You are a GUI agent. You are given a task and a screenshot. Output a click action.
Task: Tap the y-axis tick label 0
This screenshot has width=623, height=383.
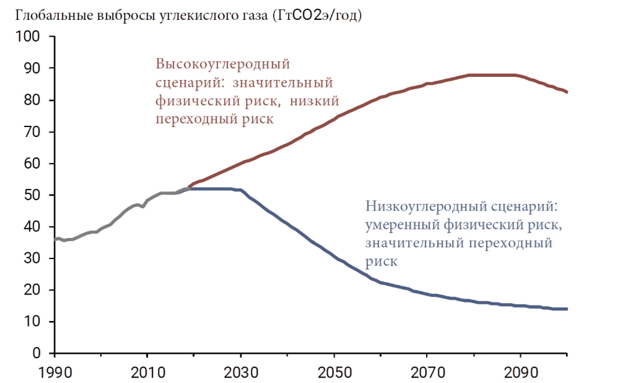[x=37, y=353]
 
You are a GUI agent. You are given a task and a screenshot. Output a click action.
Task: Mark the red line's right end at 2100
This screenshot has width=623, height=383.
[x=567, y=92]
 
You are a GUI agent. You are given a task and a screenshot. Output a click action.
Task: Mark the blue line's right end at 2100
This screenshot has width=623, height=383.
[x=567, y=309]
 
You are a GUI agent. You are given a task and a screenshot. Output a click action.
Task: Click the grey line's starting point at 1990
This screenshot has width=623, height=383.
[x=55, y=239]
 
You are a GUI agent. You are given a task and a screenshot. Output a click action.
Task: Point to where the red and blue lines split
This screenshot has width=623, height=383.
[x=186, y=188]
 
